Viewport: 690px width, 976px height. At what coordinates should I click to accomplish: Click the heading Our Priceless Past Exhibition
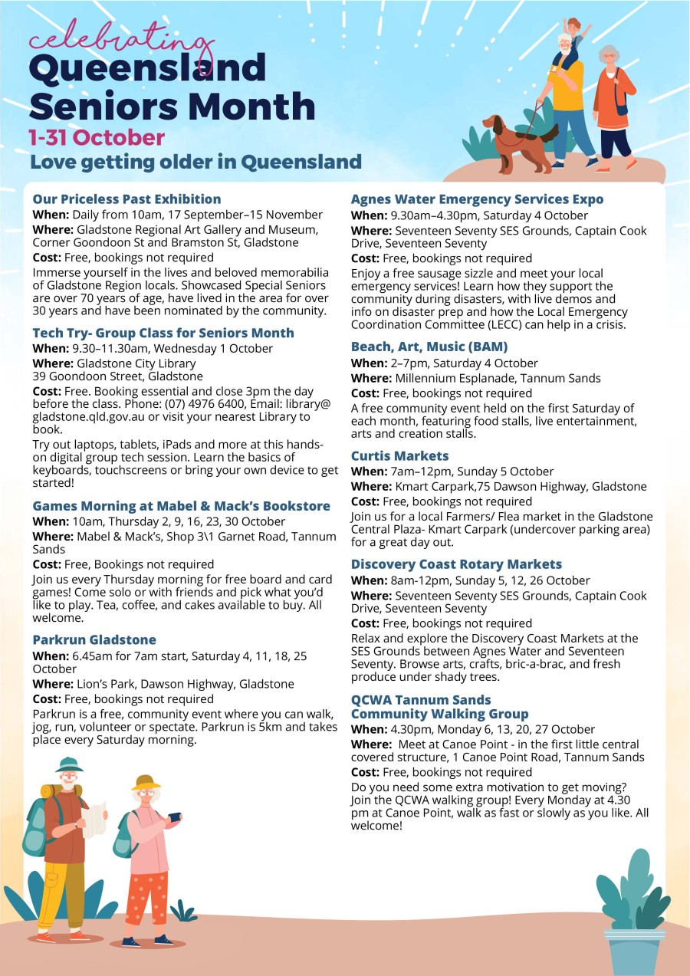[127, 199]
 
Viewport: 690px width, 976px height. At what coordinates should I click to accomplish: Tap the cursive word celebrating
[121, 38]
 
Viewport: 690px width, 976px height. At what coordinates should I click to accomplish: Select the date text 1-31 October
[97, 138]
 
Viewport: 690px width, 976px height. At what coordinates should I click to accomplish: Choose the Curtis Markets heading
[399, 456]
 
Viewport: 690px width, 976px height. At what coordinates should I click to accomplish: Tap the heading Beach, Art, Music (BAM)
[429, 347]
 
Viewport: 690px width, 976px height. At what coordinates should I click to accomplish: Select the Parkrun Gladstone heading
[94, 639]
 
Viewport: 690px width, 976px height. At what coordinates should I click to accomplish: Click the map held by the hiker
[94, 820]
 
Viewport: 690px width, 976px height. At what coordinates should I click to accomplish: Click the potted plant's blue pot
[633, 951]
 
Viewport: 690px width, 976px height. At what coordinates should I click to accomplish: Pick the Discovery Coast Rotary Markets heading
[456, 564]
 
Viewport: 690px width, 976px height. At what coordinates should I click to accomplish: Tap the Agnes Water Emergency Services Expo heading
[477, 199]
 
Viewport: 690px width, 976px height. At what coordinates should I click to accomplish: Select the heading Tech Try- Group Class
[163, 333]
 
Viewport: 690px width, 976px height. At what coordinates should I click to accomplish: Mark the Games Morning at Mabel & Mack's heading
[181, 506]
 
